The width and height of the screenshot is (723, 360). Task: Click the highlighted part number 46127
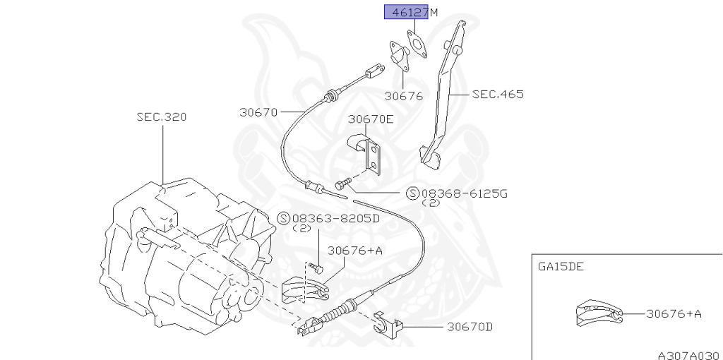tap(406, 13)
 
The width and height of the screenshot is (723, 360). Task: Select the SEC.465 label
tap(498, 94)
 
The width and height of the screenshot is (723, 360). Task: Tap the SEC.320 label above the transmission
tap(162, 117)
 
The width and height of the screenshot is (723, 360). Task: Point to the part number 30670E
tap(370, 119)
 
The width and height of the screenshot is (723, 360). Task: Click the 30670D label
tap(469, 327)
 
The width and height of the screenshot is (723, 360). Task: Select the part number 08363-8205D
tap(336, 218)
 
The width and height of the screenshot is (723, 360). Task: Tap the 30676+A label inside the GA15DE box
tap(673, 314)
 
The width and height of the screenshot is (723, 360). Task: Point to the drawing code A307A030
tap(687, 355)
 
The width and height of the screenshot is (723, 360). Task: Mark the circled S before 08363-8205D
tap(284, 218)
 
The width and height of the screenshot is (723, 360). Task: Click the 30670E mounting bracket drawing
tap(369, 155)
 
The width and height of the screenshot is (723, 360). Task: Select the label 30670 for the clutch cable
tap(258, 112)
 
